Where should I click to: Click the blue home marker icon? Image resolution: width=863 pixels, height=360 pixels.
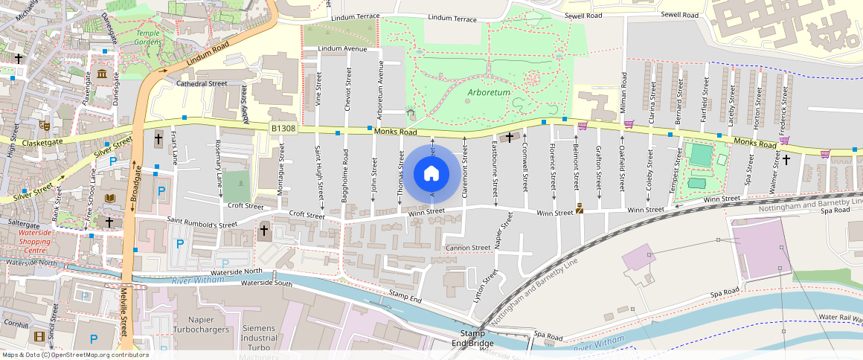(x=431, y=174)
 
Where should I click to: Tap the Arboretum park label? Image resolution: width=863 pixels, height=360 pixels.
(x=489, y=93)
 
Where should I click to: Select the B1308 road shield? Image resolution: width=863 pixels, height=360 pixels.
(x=283, y=129)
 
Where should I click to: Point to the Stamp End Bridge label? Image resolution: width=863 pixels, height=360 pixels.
(x=477, y=338)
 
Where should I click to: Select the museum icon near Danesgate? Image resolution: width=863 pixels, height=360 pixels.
(x=101, y=75)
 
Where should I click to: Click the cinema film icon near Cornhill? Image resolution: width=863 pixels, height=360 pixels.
(x=39, y=336)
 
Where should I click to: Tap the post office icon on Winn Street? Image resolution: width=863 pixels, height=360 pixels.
(x=580, y=210)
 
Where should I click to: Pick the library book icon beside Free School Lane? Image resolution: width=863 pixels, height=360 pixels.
(x=110, y=199)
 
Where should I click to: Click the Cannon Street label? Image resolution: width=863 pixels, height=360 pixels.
(x=468, y=248)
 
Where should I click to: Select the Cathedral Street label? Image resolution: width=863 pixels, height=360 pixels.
(x=202, y=84)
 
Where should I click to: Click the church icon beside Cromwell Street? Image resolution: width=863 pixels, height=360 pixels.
(x=510, y=137)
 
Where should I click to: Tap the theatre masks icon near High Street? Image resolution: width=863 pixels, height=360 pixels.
(x=45, y=126)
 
